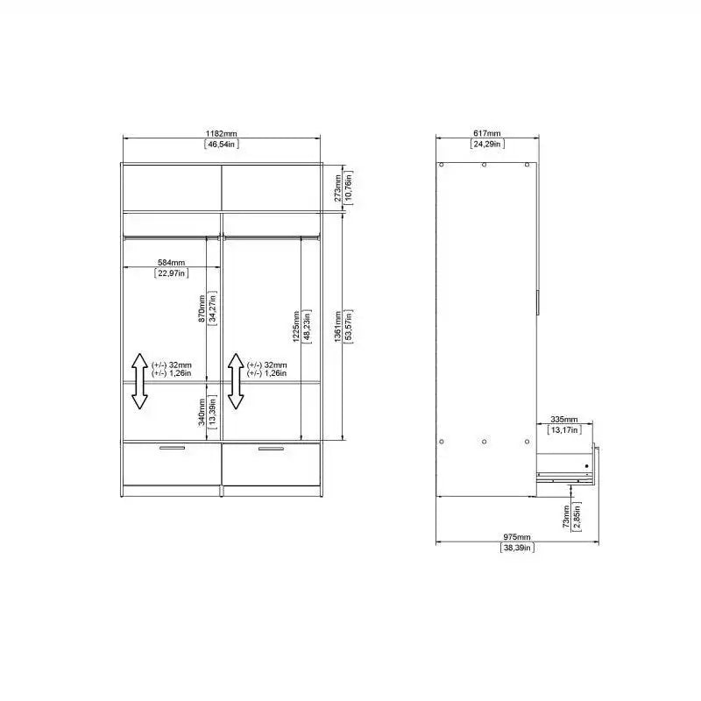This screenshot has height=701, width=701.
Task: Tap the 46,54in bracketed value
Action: pos(221,143)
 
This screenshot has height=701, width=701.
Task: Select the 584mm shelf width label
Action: pos(172,262)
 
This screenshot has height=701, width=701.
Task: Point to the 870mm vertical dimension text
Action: pos(202,308)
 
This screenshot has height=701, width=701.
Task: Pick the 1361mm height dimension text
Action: pos(338,325)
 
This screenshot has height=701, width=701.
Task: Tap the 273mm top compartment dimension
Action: pos(338,185)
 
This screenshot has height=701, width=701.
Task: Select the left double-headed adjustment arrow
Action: pos(138,381)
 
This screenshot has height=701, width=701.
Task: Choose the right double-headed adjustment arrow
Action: pos(235,381)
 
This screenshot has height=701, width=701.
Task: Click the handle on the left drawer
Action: pos(173,449)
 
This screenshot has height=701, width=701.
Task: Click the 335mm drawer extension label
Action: pos(564,419)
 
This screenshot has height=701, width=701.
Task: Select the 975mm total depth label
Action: pos(517,536)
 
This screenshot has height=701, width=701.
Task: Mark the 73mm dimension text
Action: pos(567,514)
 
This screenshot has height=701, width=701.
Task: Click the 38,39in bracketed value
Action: pos(517,548)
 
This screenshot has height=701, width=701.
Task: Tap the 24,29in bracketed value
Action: pos(486,143)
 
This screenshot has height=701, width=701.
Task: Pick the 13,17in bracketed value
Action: pos(564,430)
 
